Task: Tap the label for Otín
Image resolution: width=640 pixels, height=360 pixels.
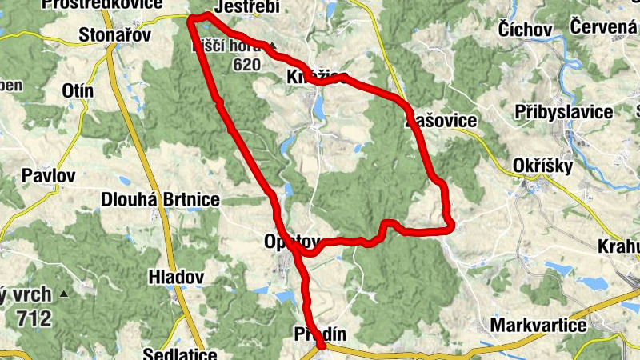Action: click(x=78, y=91)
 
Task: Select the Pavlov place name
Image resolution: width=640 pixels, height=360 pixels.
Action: click(x=48, y=174)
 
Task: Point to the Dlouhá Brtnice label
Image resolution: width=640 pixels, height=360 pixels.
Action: click(x=161, y=199)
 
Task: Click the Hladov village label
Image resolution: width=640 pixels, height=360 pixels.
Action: click(x=177, y=277)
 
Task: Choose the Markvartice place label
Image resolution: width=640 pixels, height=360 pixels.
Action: click(x=537, y=326)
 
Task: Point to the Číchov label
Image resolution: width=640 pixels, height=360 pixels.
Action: click(x=525, y=30)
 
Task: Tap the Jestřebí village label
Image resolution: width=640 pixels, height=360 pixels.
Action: click(x=246, y=7)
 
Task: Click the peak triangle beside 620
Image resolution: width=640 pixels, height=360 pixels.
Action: click(x=273, y=46)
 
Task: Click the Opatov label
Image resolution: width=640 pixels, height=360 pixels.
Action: click(x=291, y=242)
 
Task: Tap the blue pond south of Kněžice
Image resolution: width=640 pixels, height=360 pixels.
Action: click(x=319, y=106)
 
